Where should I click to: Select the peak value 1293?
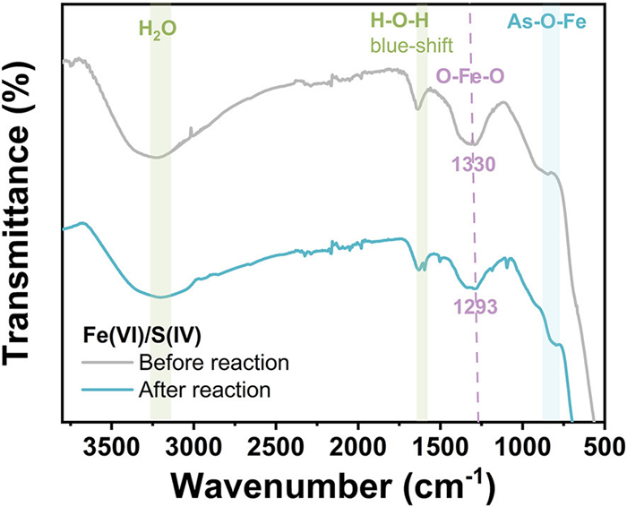point(476,305)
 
